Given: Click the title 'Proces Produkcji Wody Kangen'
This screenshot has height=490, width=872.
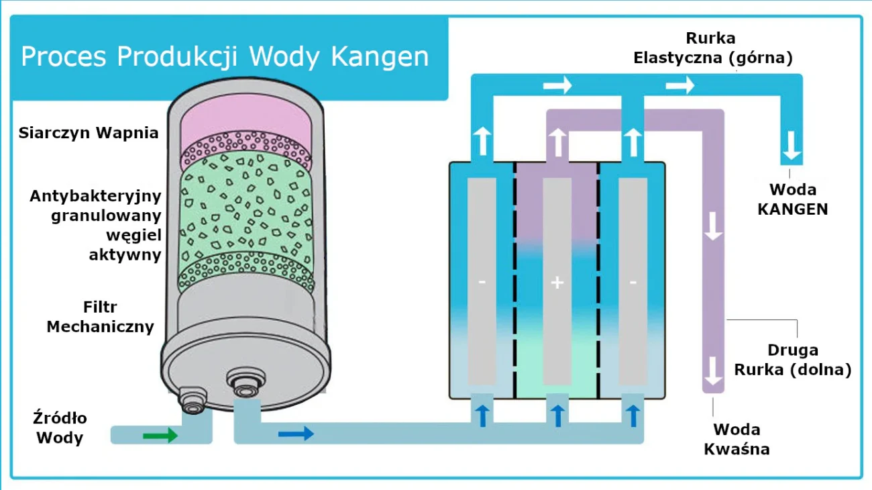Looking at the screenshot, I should click(225, 56).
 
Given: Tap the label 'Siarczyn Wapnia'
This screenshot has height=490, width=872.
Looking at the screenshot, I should click(89, 132).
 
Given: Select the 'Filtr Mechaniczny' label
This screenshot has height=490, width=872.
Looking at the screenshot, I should click(101, 317).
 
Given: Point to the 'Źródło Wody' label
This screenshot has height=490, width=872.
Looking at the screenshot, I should click(60, 428).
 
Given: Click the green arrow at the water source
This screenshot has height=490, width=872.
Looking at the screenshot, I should click(160, 436).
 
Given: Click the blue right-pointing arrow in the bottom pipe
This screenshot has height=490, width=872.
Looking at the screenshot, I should click(296, 433).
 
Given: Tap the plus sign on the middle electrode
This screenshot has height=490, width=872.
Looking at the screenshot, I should click(557, 283).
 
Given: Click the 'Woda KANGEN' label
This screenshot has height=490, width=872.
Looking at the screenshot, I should click(792, 199).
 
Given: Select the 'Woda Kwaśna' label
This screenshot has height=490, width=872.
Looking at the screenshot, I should click(737, 439).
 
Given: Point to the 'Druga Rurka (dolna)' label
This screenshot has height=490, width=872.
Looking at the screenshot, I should click(792, 360).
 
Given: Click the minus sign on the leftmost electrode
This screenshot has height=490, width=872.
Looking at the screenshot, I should click(482, 283).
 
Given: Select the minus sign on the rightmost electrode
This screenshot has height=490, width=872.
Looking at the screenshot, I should click(633, 283).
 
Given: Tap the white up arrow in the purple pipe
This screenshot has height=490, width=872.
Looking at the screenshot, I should click(557, 142).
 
